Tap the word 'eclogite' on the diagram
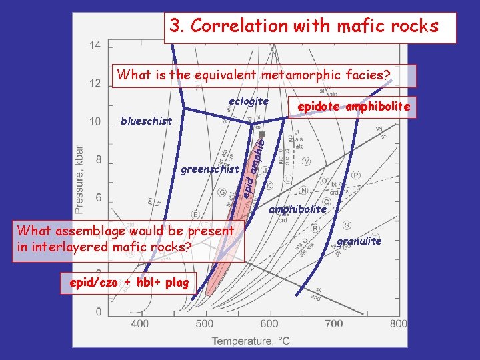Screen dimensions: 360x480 tap(248, 101)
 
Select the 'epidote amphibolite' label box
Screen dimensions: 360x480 tap(354, 107)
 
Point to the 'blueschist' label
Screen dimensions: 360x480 tap(146, 121)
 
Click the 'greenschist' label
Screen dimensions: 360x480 tap(210, 169)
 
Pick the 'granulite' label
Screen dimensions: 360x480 tap(359, 241)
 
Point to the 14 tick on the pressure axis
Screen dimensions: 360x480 tap(95, 45)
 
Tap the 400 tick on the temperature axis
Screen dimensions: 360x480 tap(139, 324)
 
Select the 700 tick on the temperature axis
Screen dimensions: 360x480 tap(333, 324)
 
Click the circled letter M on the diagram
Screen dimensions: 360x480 tap(307, 162)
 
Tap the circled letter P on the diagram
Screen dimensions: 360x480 tap(355, 175)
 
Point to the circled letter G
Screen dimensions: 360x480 tap(221, 193)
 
